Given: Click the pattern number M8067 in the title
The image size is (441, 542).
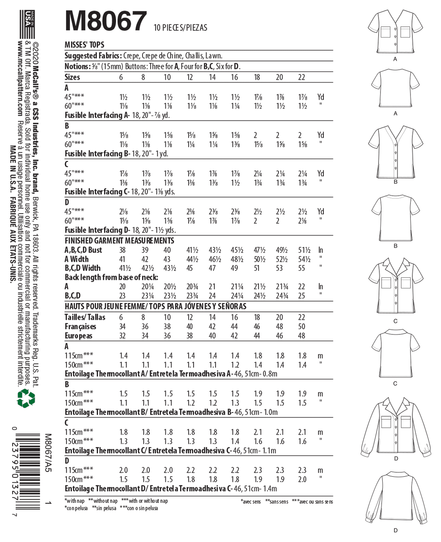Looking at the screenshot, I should (x=106, y=21).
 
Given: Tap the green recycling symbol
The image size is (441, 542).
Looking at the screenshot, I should (x=26, y=398).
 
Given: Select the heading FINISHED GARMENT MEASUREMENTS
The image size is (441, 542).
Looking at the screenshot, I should (x=119, y=241).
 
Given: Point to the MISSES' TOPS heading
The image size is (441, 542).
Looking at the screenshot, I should (x=84, y=45).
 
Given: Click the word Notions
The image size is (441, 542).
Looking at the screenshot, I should (x=76, y=66).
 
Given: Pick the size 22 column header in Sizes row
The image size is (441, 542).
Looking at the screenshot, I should (x=301, y=77).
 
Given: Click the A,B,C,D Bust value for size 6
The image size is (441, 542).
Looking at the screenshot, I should (x=122, y=250).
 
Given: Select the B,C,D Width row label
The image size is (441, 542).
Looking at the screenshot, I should (x=82, y=268).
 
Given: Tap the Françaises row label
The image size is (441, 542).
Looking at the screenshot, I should (x=80, y=326).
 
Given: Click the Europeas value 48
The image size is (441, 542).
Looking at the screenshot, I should (x=301, y=336).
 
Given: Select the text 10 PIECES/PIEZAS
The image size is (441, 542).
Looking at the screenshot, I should (x=180, y=28).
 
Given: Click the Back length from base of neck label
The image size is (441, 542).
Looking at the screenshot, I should (x=111, y=277).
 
